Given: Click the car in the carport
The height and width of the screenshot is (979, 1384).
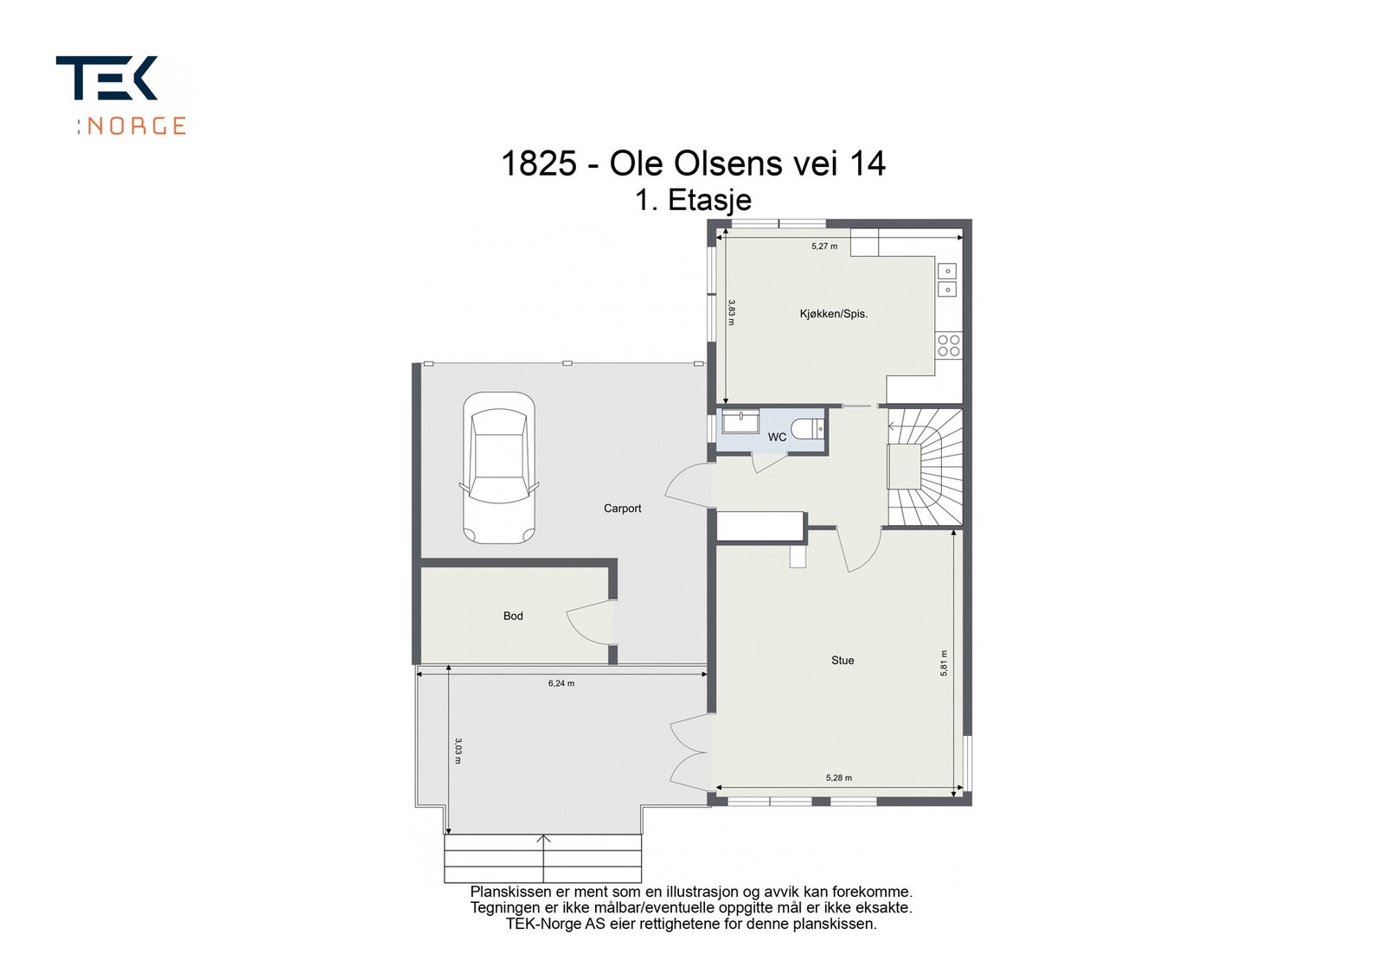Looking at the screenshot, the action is point(498,468).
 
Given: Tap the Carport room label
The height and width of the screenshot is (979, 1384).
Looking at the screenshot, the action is point(622,509).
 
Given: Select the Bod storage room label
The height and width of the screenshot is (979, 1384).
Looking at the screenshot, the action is point(513,616).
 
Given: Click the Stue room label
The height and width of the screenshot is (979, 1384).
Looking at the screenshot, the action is point(843,660).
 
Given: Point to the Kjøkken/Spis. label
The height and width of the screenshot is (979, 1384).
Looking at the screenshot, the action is point(834,314).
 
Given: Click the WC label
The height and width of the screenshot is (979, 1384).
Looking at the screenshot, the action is point(777,438).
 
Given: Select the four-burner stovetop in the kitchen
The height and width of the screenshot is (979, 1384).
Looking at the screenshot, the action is point(949,345).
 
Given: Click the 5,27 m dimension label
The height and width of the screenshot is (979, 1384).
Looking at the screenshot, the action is point(824,246).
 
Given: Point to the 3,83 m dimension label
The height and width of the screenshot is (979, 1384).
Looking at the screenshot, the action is point(732,312).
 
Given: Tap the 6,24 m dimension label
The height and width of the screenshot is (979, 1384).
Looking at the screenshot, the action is point(561,683).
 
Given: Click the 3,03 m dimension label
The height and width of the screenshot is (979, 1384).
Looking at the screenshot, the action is point(458,751).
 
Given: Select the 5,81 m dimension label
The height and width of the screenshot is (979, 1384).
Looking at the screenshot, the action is point(944,663).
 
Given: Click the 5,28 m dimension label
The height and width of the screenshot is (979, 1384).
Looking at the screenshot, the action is point(838,777).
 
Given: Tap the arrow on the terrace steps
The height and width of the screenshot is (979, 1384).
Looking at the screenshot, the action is point(543,858).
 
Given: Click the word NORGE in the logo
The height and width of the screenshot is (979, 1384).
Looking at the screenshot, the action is point(136,126).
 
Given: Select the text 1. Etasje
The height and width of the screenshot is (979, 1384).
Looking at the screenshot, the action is point(693,200).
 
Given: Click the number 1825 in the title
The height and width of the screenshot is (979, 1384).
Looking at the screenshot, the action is point(539,163).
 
